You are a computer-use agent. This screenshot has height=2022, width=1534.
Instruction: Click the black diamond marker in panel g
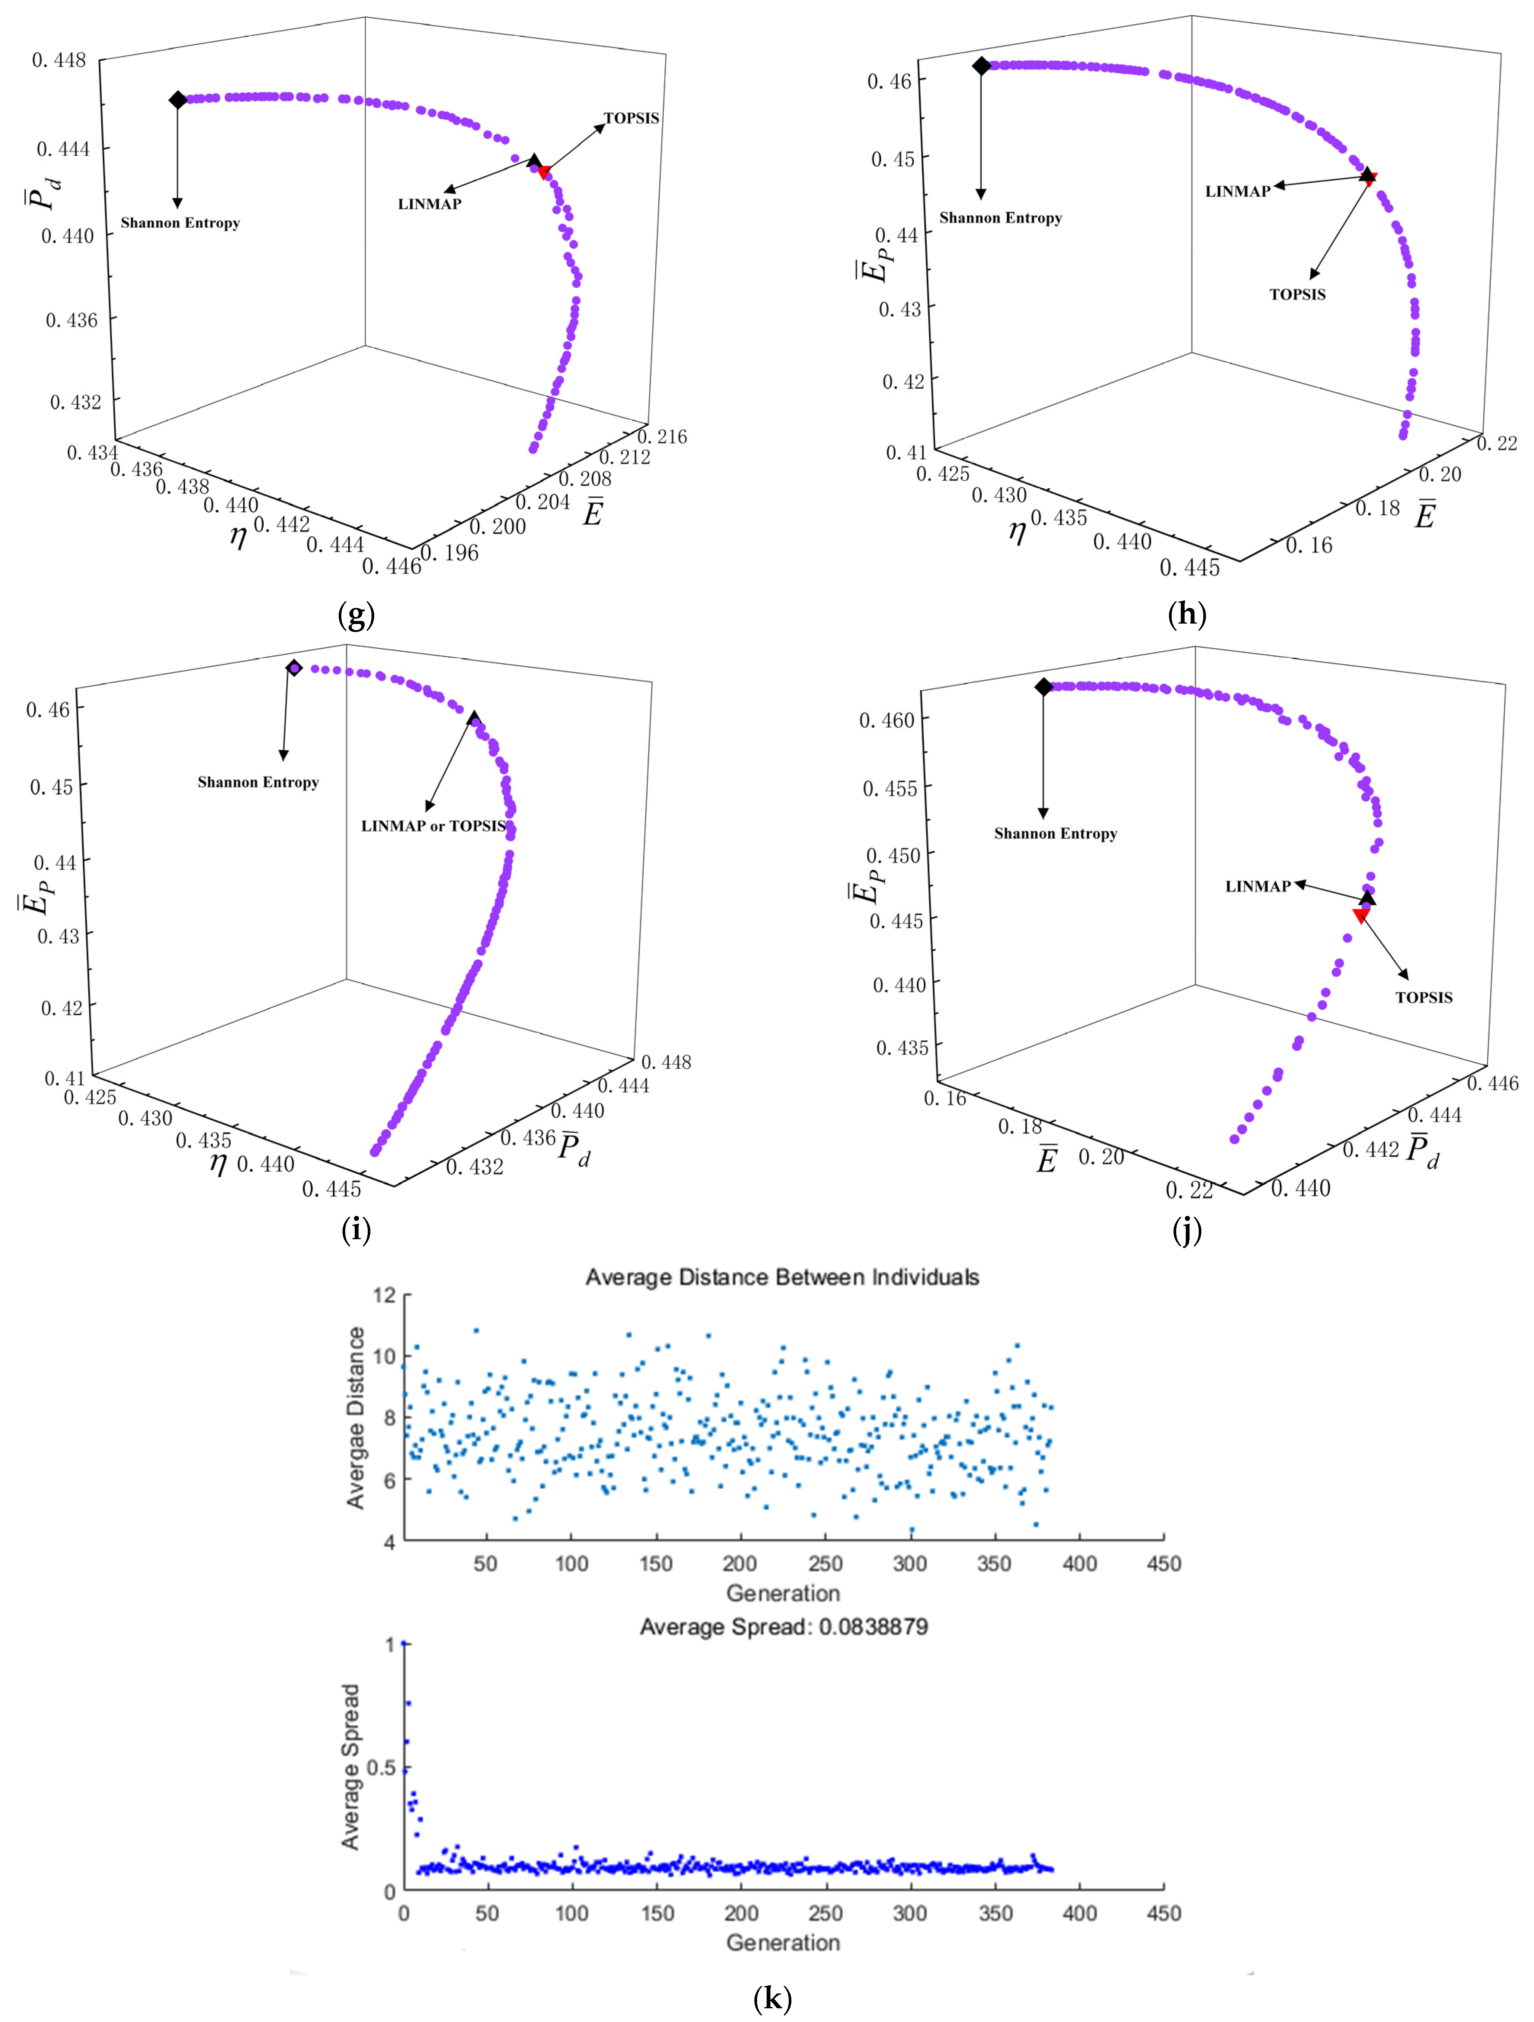[177, 100]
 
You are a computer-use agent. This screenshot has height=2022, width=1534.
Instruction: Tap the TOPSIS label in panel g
[631, 118]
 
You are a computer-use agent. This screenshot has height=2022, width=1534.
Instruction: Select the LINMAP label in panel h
[1237, 191]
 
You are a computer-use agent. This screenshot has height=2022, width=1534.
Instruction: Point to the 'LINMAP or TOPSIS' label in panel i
[433, 825]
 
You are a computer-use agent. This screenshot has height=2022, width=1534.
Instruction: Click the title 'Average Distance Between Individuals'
[781, 1277]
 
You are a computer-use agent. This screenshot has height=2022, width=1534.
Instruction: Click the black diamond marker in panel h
[981, 66]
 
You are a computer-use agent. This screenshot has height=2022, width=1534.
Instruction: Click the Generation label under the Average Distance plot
[783, 1593]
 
